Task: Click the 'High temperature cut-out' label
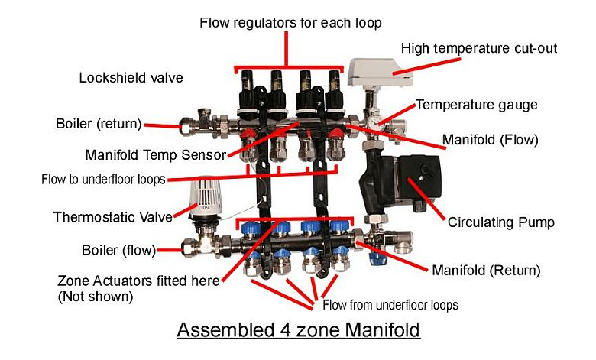pyautogui.click(x=479, y=48)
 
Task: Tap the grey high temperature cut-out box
pyautogui.click(x=380, y=72)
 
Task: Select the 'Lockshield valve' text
pyautogui.click(x=131, y=78)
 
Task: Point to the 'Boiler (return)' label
pyautogui.click(x=99, y=124)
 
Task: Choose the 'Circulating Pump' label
pyautogui.click(x=501, y=222)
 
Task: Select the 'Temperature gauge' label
pyautogui.click(x=476, y=105)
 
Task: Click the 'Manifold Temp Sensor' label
pyautogui.click(x=156, y=155)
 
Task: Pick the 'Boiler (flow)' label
pyautogui.click(x=118, y=250)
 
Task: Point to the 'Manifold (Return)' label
pyautogui.click(x=486, y=271)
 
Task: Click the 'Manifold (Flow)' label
pyautogui.click(x=491, y=140)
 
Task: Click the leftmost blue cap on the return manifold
pyautogui.click(x=251, y=229)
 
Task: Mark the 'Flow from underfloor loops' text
pyautogui.click(x=390, y=305)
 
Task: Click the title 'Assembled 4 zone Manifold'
pyautogui.click(x=298, y=329)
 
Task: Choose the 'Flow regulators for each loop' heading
pyautogui.click(x=291, y=23)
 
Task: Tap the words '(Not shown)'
pyautogui.click(x=96, y=297)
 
